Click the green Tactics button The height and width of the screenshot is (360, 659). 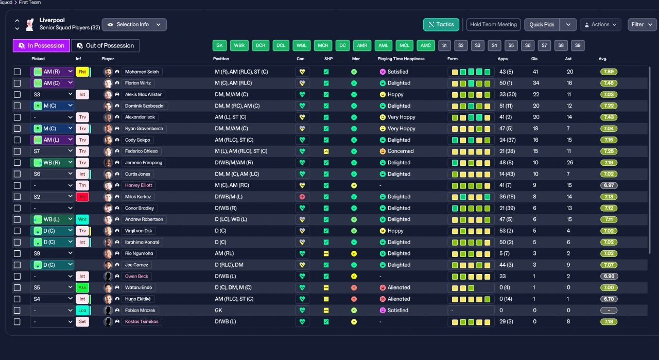coord(441,24)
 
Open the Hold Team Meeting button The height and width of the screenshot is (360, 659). coord(493,24)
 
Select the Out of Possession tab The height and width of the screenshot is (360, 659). coord(105,46)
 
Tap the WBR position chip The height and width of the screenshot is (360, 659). coord(239,46)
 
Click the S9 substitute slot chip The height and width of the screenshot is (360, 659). coord(578,46)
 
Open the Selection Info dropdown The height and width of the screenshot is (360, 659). coord(134,24)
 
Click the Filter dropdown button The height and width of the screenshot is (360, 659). coord(642,24)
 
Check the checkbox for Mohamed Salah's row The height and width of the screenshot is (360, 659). coord(18,72)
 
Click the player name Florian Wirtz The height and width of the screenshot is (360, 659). coord(137,83)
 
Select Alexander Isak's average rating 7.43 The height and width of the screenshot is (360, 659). coord(609,117)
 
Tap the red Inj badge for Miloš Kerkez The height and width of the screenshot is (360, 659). coord(82,197)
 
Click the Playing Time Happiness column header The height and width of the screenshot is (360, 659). coord(401,59)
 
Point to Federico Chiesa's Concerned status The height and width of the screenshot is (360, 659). coord(401,151)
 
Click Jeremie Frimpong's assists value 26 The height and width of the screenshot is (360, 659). coord(570,162)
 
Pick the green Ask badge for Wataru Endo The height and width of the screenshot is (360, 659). coord(82,287)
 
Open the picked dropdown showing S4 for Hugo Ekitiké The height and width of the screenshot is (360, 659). coord(52,299)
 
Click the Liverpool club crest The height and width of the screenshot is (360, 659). coord(29,24)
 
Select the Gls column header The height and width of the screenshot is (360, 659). coord(534,59)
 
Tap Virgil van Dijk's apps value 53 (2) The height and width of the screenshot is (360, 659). coord(506,231)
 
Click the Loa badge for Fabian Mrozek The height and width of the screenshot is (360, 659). coord(82,310)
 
